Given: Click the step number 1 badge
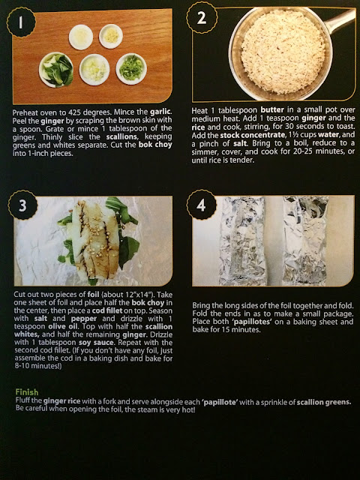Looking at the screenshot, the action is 21,22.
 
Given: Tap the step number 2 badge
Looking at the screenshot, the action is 202,18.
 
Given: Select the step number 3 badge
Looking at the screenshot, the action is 22,205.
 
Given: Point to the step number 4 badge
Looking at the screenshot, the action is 201,205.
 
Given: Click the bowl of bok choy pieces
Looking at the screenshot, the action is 56,70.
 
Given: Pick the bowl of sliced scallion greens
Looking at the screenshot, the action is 131,69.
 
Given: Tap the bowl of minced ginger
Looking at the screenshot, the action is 111,37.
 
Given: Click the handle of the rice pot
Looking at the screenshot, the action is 339,21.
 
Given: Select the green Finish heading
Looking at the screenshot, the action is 27,392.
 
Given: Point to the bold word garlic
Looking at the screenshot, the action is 160,112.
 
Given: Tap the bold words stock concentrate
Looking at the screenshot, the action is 253,135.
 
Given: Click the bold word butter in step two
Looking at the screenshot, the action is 272,110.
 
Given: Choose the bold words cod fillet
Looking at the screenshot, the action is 107,310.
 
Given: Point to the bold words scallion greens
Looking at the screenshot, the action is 324,402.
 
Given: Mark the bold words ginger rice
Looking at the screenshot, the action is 61,401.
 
